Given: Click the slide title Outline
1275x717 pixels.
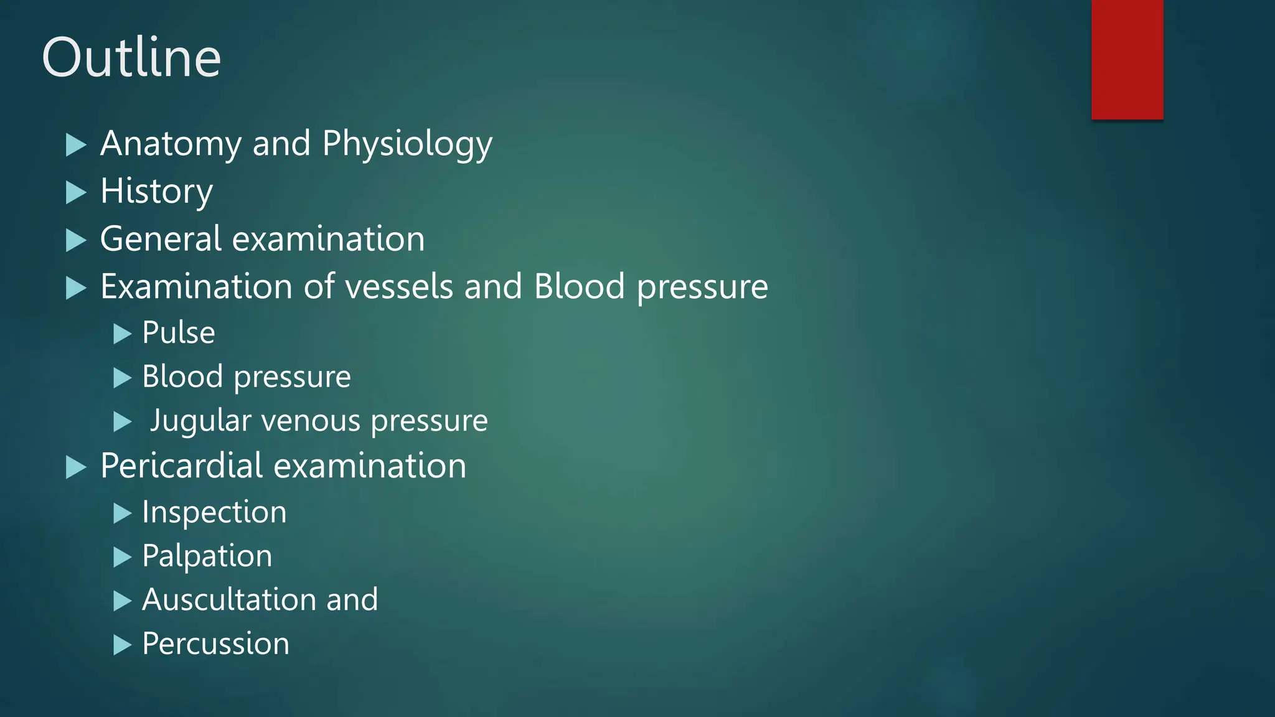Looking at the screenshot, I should (x=131, y=57).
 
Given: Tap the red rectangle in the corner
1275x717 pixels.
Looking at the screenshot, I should (x=1127, y=59).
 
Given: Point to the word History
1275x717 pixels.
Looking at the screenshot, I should (x=156, y=191).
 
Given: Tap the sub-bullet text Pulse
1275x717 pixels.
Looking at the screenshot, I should (x=179, y=332).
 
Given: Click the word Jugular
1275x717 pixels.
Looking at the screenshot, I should (x=200, y=421).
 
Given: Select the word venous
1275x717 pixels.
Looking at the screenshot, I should (x=311, y=421).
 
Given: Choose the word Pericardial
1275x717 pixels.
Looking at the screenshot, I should (x=182, y=466).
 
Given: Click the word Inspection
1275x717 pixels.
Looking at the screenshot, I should (x=214, y=512).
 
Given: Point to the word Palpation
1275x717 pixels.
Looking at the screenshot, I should (x=207, y=556).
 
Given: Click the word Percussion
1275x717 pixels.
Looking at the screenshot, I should (x=215, y=644).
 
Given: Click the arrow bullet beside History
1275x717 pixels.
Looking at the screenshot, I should (x=76, y=192).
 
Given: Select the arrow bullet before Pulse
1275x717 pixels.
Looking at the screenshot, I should (x=122, y=334).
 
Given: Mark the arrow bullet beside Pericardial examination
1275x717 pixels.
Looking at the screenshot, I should (x=76, y=467).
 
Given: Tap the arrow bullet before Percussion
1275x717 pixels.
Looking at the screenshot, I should (x=122, y=645).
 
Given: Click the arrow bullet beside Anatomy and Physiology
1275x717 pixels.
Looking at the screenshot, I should (x=76, y=145).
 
